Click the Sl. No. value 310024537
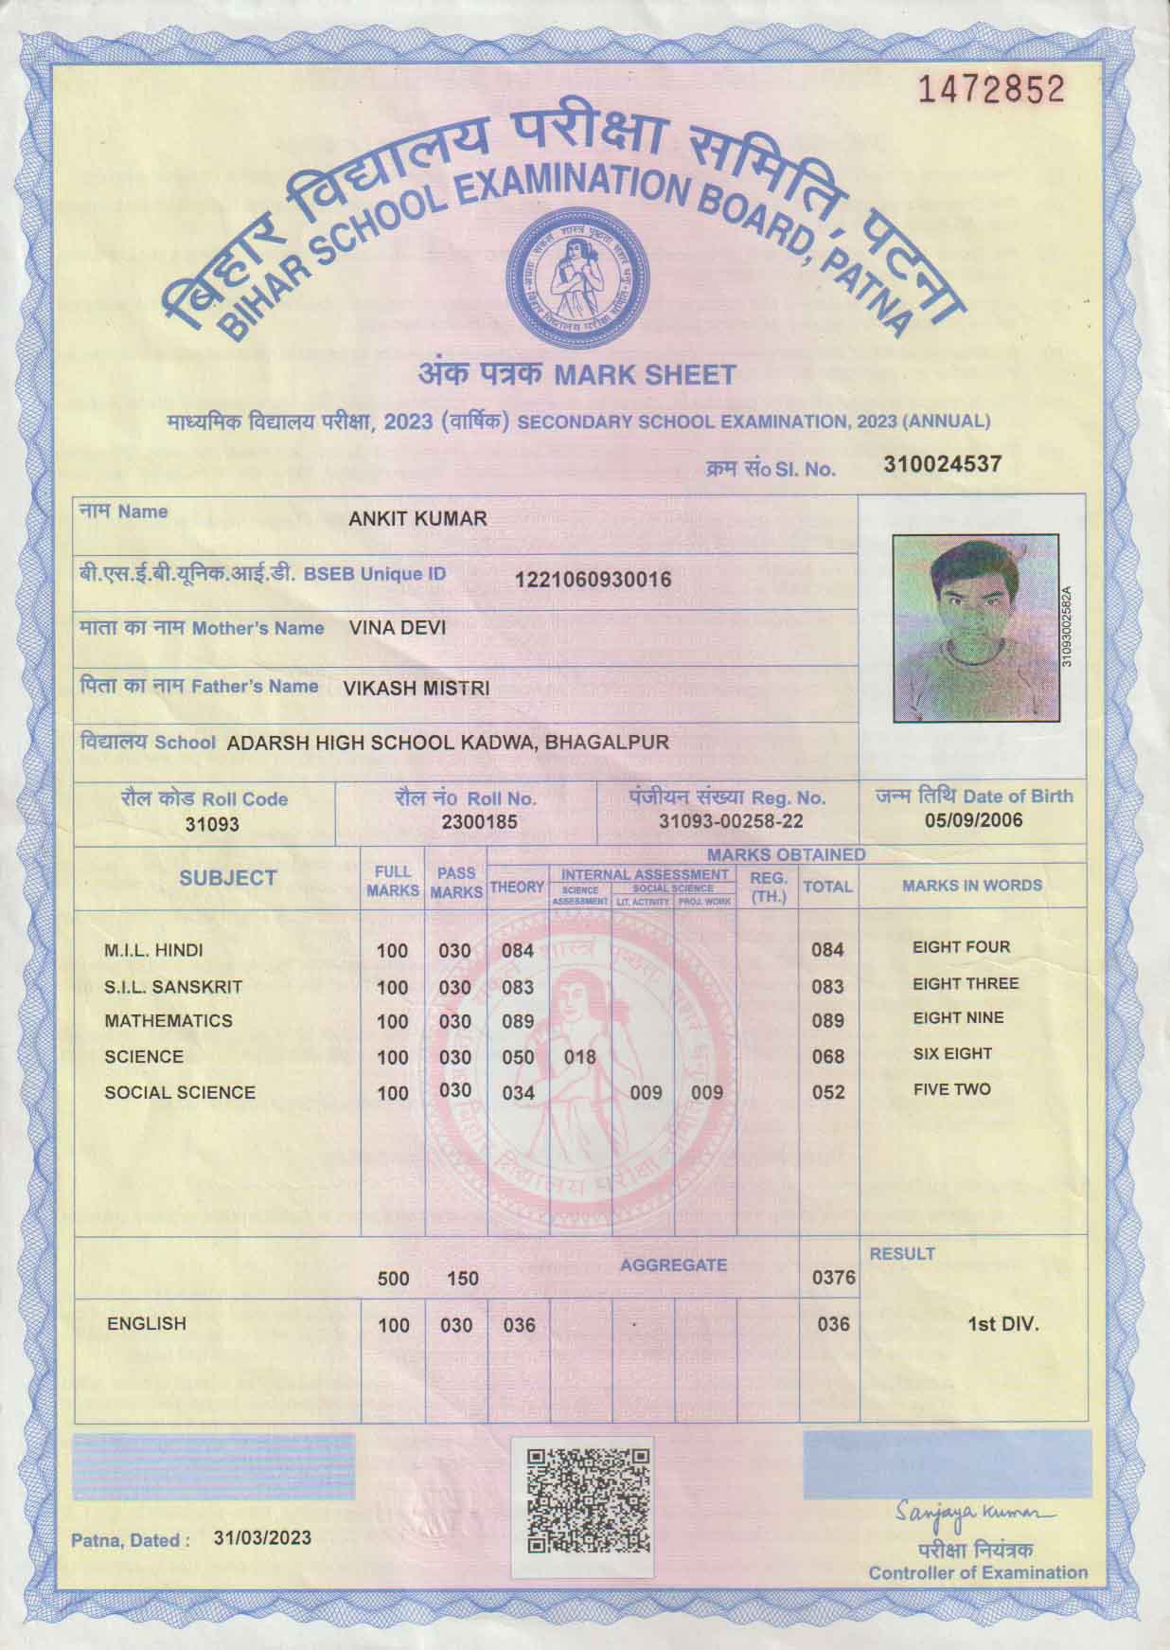[x=942, y=464]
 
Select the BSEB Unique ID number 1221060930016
[x=593, y=580]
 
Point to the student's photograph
[x=975, y=628]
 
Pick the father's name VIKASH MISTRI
[x=417, y=689]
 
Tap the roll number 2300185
[x=479, y=822]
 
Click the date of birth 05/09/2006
[x=973, y=820]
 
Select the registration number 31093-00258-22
[x=731, y=822]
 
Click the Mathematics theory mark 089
[x=518, y=1022]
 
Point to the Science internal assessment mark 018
[x=579, y=1057]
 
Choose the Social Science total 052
[x=828, y=1092]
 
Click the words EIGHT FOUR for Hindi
[x=961, y=947]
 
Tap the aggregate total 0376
[x=834, y=1279]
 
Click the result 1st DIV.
[x=1002, y=1324]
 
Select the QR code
[x=588, y=1501]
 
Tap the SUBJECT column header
[x=228, y=878]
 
